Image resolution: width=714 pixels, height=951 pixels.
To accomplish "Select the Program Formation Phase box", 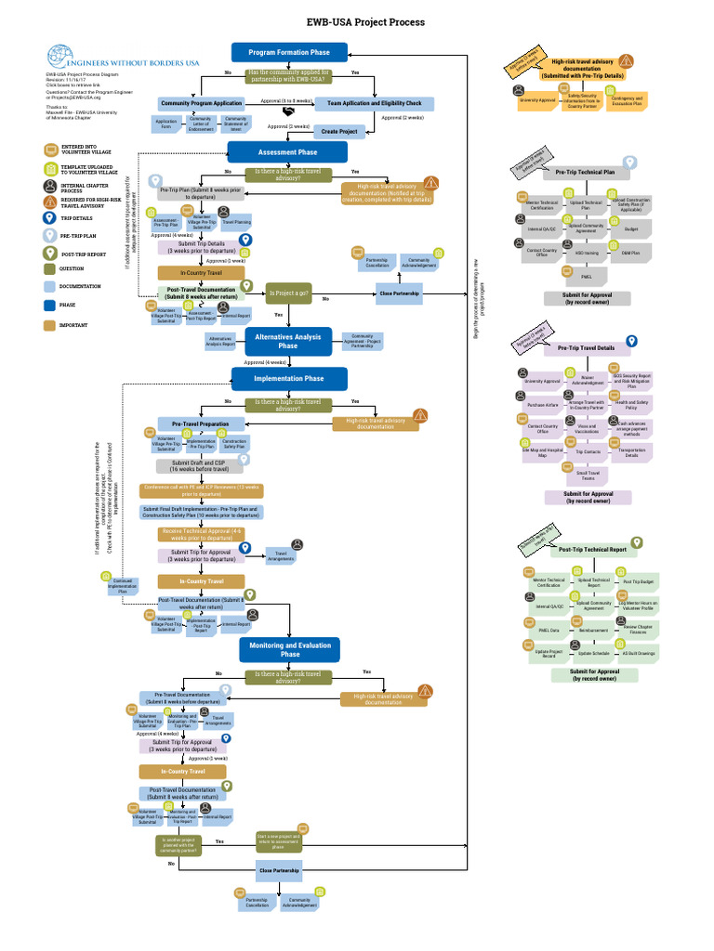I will click(x=288, y=53).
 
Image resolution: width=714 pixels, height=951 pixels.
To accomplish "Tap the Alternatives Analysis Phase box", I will click(x=288, y=340).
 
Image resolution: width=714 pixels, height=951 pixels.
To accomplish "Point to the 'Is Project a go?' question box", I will click(x=288, y=293).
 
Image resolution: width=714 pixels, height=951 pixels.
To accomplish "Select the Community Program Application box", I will click(x=202, y=103).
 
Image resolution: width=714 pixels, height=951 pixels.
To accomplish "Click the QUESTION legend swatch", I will click(x=50, y=268).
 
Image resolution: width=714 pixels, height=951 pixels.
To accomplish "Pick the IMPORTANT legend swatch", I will click(x=50, y=325).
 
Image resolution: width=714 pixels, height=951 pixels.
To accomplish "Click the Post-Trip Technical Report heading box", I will click(x=591, y=550).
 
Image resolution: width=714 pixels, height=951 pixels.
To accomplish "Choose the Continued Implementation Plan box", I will click(x=123, y=585).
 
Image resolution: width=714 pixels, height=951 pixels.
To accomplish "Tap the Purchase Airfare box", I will click(x=542, y=405).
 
